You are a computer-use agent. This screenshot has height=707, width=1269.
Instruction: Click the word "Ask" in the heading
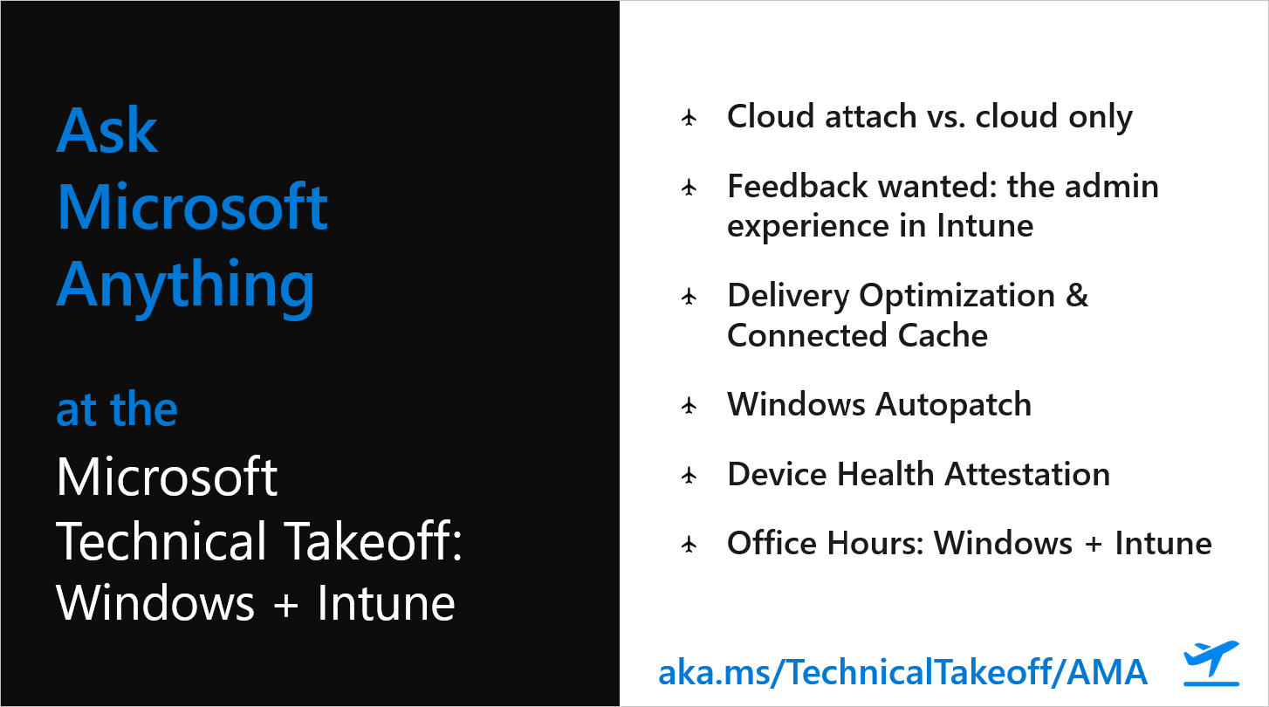point(106,131)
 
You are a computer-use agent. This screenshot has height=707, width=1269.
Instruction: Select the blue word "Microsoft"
point(192,208)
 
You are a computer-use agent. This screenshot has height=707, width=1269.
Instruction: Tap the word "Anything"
point(185,285)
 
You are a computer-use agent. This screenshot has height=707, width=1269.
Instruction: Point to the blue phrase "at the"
point(117,409)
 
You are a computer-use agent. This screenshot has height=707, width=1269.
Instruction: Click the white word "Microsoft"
point(167,477)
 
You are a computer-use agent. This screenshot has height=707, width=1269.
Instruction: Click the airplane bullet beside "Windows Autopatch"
point(689,405)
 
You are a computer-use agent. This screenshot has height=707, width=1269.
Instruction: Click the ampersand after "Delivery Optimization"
point(1076,296)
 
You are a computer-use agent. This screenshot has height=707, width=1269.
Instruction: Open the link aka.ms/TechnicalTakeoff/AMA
point(902,671)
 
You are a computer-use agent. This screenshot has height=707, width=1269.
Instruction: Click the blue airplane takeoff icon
point(1211,663)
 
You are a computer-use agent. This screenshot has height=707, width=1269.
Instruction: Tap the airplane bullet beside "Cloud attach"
point(689,118)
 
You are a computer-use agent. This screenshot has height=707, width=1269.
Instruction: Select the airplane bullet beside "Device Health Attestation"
point(689,475)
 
